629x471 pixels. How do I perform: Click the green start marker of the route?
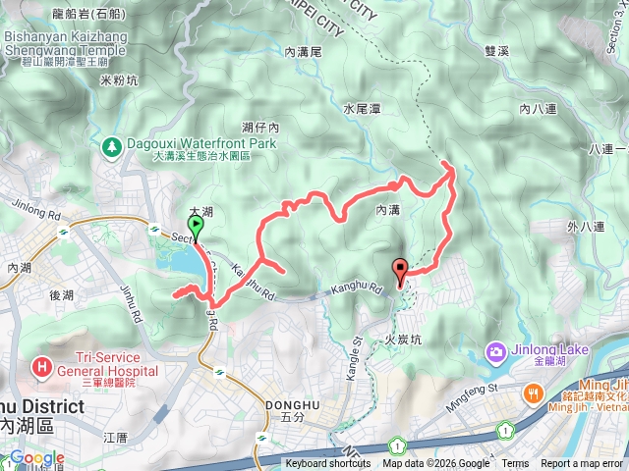click(196, 228)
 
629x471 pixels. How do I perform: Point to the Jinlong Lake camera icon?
click(495, 351)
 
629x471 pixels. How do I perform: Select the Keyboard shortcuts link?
click(329, 464)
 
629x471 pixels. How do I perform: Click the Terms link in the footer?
click(515, 464)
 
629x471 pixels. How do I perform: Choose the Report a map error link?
click(581, 464)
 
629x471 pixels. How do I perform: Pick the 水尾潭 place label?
click(362, 109)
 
